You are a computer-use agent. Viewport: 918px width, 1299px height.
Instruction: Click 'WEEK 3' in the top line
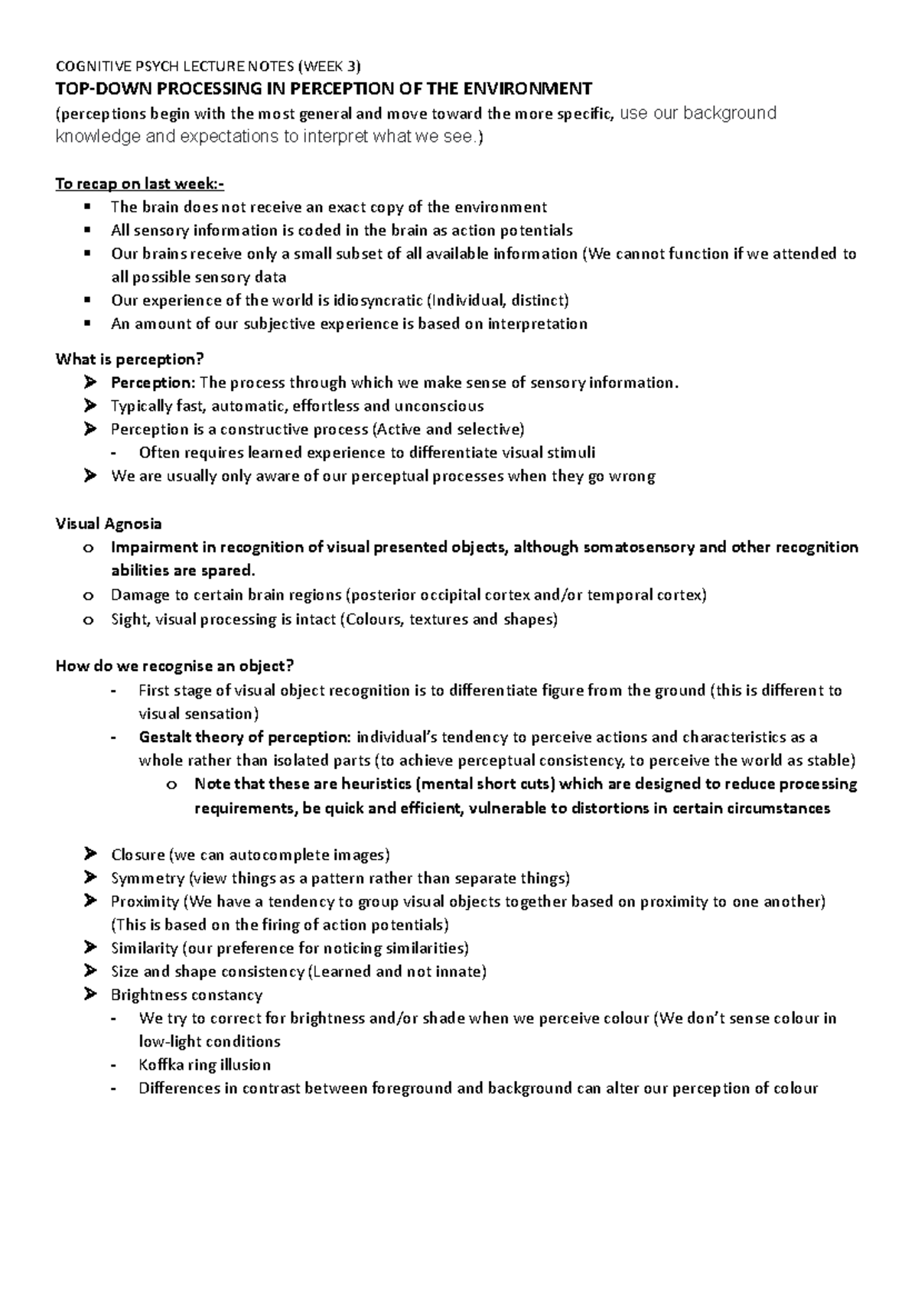point(331,65)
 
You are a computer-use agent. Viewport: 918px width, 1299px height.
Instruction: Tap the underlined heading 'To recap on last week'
point(140,184)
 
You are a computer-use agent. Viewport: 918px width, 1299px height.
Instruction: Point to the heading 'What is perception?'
point(131,359)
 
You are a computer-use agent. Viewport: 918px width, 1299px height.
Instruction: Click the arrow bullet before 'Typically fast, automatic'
point(91,406)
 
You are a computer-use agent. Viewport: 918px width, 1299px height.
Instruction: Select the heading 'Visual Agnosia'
point(109,524)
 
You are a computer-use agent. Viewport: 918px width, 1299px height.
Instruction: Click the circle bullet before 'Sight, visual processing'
point(89,620)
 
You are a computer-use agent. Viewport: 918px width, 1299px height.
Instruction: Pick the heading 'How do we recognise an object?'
point(175,666)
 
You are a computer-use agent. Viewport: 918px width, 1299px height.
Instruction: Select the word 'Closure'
point(138,855)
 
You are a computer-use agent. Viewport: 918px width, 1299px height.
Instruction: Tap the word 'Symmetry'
point(148,878)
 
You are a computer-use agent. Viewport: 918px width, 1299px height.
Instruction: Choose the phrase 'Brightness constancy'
point(186,995)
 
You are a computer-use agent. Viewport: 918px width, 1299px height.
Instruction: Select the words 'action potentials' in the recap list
point(511,230)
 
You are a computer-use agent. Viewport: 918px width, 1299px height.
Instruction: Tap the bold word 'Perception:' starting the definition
point(153,383)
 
